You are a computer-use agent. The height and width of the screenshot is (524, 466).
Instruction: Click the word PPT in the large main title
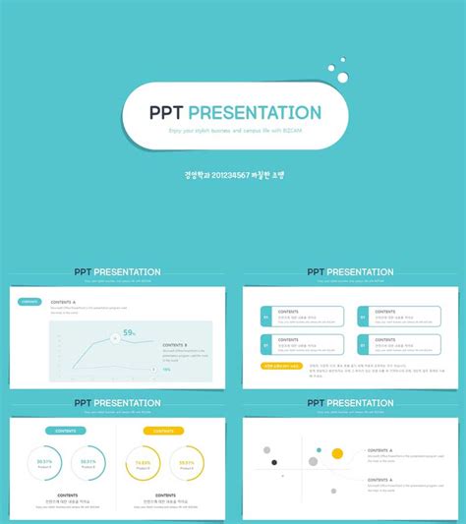166,113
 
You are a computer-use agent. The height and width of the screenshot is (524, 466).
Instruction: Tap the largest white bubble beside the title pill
342,77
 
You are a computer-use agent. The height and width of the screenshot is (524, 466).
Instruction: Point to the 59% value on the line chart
129,333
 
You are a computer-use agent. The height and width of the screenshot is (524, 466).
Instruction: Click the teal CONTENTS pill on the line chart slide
30,302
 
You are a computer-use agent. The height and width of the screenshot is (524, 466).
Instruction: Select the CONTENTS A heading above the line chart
63,301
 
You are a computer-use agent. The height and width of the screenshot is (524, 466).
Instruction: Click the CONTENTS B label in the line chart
174,345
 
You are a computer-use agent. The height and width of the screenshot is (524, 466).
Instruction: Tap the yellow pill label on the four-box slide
281,366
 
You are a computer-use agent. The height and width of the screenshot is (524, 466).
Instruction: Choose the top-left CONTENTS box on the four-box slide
302,317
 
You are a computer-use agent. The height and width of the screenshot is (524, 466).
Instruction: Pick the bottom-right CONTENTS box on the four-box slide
398,344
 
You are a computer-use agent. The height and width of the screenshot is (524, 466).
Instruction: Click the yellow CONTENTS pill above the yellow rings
163,431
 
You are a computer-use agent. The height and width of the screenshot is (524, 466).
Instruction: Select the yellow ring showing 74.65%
144,463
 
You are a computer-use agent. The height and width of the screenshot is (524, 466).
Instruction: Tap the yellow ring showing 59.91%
186,463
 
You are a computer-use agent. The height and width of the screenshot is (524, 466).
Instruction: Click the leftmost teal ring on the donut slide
45,463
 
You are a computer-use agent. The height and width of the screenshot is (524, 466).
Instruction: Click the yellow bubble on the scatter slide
337,453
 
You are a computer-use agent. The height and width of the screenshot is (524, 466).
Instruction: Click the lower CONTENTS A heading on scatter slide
380,480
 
